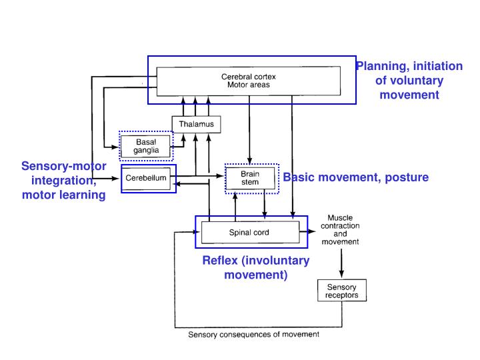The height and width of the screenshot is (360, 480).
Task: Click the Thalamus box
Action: [195, 124]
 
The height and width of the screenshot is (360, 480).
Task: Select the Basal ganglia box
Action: [145, 146]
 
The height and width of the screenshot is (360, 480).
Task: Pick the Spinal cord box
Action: [250, 232]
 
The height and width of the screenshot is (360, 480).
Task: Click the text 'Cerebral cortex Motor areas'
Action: [248, 81]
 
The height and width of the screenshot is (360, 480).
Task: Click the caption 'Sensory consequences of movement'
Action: [253, 334]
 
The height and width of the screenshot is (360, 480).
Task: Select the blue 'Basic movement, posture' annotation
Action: [355, 177]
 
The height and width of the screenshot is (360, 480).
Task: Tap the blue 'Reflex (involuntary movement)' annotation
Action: [255, 267]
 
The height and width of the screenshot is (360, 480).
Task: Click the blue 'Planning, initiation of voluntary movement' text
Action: [409, 80]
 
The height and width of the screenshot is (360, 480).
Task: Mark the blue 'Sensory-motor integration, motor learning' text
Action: [63, 180]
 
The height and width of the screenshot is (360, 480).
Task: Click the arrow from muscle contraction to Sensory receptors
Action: [341, 264]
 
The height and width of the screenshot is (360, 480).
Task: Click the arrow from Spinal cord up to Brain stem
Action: [234, 205]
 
